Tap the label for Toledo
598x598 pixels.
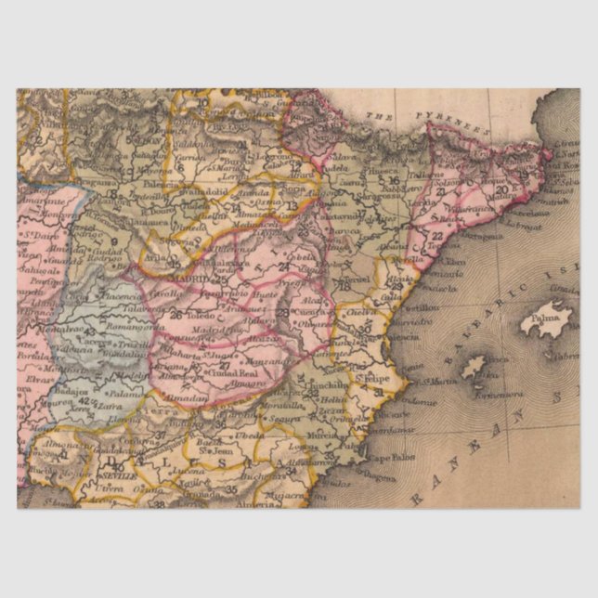click(x=200, y=315)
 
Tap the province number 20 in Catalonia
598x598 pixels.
click(x=501, y=189)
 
